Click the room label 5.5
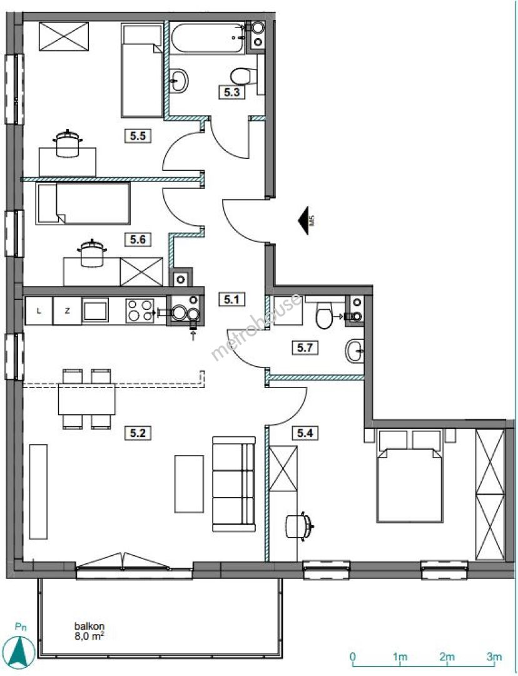138,136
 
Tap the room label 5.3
232,92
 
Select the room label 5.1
232,299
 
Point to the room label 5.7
305,347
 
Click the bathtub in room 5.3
208,38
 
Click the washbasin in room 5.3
178,81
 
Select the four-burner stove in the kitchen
140,310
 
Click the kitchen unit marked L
39,310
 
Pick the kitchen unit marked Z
67,310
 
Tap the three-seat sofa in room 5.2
234,484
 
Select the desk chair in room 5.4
299,526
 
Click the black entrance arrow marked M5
305,221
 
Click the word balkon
89,626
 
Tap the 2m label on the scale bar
447,657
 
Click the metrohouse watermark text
257,326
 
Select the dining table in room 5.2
86,399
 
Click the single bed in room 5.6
83,203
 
